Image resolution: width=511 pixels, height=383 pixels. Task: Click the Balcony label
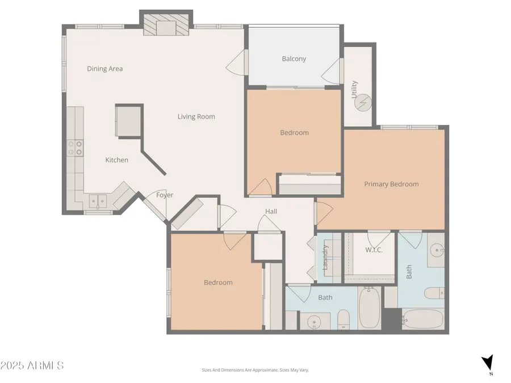click(294, 58)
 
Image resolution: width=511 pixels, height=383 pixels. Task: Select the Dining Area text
click(104, 69)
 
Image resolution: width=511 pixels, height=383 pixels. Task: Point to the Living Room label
click(196, 117)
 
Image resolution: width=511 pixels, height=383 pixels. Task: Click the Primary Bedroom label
click(391, 184)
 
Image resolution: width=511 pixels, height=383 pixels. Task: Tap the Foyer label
click(165, 195)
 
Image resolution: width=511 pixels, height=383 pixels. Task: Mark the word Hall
click(271, 212)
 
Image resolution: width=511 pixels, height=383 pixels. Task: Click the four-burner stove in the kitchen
click(76, 148)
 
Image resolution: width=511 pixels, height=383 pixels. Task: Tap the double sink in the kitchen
click(97, 200)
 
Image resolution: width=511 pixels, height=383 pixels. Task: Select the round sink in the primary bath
click(435, 250)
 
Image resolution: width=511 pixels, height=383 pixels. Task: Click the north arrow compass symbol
click(487, 364)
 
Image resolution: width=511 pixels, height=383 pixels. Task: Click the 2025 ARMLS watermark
click(32, 365)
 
